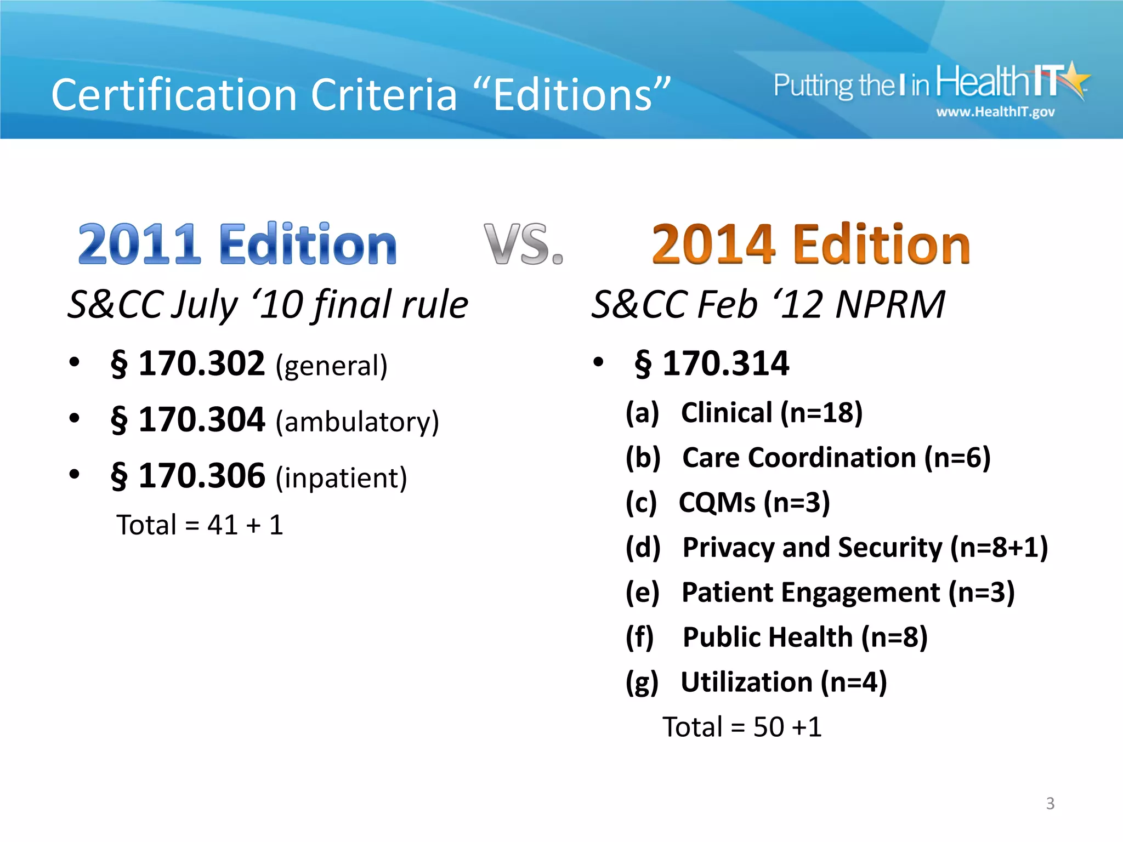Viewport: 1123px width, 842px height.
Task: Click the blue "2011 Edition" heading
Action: [237, 244]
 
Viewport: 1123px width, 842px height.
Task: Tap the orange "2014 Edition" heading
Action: [810, 244]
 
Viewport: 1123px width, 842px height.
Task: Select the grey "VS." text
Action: [523, 244]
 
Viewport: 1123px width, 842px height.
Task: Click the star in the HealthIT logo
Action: [1075, 79]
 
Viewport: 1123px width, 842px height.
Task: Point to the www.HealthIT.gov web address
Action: [995, 112]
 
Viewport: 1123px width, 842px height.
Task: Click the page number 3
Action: [1050, 803]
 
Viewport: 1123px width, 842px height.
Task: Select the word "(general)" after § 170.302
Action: [332, 366]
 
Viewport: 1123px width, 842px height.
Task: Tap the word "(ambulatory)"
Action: [358, 422]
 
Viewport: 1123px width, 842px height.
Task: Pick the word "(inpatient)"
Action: [341, 478]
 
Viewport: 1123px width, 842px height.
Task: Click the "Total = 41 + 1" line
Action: [200, 525]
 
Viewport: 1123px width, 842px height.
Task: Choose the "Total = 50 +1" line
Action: [742, 727]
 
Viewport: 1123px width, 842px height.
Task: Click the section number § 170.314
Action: [712, 363]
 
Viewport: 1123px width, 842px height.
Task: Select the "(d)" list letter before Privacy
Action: [643, 548]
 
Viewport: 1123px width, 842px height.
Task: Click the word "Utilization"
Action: [746, 682]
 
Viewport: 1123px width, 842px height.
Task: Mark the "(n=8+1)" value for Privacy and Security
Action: [999, 548]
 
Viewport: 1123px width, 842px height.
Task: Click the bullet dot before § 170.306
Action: [75, 474]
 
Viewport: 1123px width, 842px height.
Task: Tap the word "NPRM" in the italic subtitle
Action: [890, 304]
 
